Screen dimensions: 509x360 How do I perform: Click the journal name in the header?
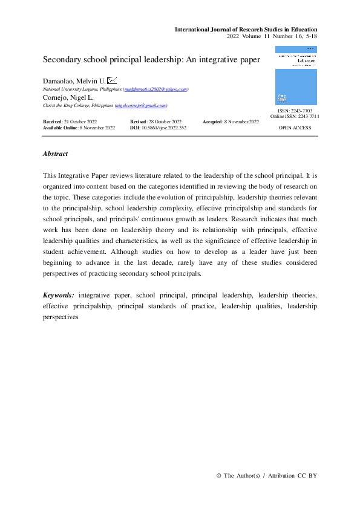(x=246, y=29)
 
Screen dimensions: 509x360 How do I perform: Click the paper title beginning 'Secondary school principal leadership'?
(x=151, y=60)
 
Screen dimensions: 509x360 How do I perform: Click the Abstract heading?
(x=55, y=154)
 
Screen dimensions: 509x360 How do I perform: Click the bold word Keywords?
(x=59, y=295)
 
